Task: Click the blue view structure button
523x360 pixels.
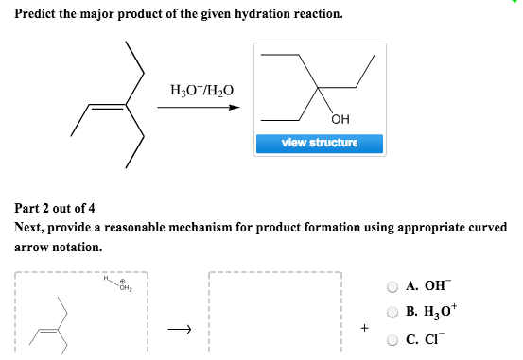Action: click(319, 144)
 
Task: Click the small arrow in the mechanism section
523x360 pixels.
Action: click(180, 329)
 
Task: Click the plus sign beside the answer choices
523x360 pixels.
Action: click(363, 330)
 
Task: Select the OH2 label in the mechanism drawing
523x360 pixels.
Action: click(125, 287)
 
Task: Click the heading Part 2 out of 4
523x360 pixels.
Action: click(56, 208)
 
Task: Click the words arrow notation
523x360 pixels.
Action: click(57, 247)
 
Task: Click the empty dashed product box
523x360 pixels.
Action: click(273, 317)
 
